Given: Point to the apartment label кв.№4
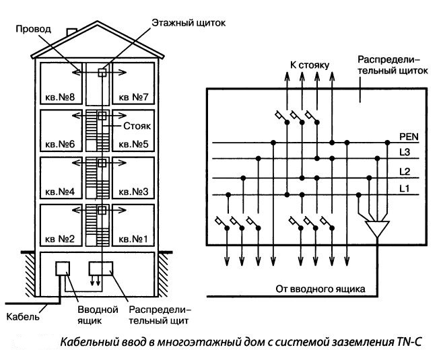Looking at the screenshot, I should [x=59, y=192].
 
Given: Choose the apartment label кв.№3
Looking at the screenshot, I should [x=133, y=192].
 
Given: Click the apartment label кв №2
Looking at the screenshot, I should [x=59, y=239].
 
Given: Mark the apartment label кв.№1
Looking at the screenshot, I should [x=133, y=239].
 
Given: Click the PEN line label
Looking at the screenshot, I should [x=408, y=137].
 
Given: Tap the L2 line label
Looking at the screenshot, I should [x=404, y=172].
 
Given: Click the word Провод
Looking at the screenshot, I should [x=33, y=29].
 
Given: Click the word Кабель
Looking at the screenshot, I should [x=21, y=316].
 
